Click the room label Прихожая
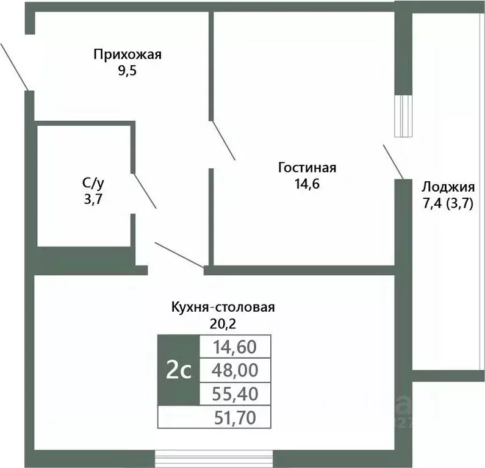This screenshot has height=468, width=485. (x=127, y=54)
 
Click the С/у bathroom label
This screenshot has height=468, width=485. (x=93, y=182)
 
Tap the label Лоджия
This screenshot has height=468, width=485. (x=447, y=187)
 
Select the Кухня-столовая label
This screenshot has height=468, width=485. (x=223, y=307)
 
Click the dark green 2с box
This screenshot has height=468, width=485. (x=179, y=370)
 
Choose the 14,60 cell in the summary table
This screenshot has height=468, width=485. (x=235, y=347)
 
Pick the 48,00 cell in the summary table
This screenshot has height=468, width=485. (x=235, y=369)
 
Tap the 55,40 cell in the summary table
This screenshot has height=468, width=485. (x=235, y=394)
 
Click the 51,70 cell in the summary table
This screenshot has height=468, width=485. (x=235, y=417)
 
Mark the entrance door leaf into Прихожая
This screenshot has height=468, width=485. (x=13, y=66)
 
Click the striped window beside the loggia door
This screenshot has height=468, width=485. (x=403, y=116)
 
